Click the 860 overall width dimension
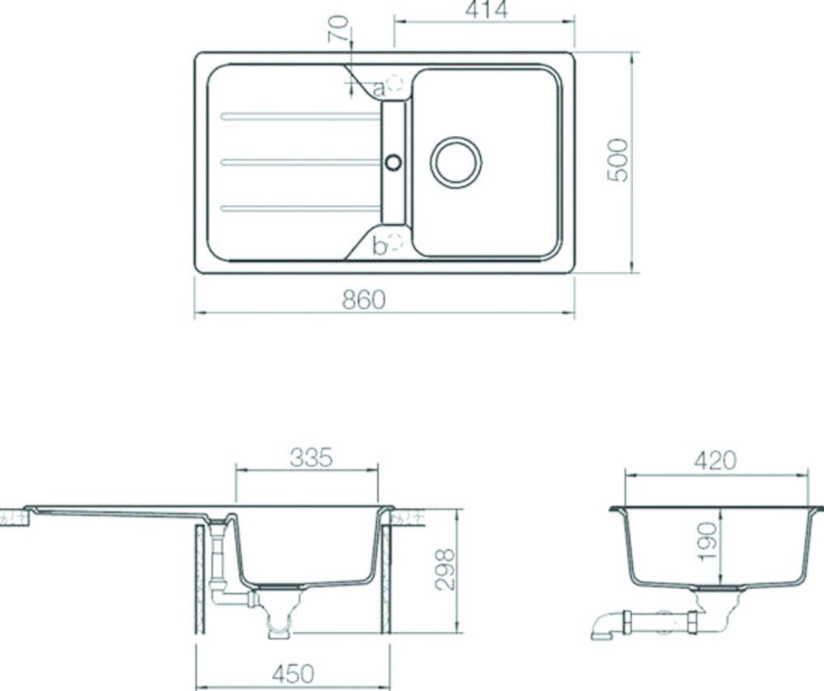click(x=363, y=299)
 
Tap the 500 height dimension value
click(x=618, y=160)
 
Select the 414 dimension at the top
click(x=486, y=10)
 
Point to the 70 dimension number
click(x=338, y=28)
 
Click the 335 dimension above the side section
click(x=311, y=458)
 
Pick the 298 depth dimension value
click(x=445, y=570)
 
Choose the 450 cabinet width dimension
click(x=293, y=674)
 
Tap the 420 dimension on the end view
click(x=716, y=461)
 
